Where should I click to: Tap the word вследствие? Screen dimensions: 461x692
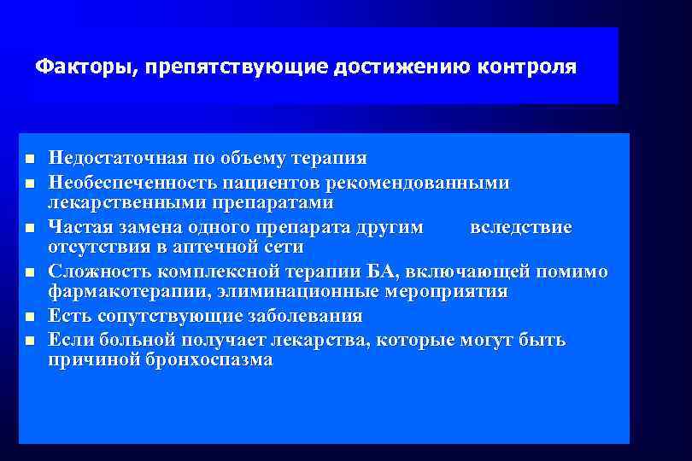pos(521,226)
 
